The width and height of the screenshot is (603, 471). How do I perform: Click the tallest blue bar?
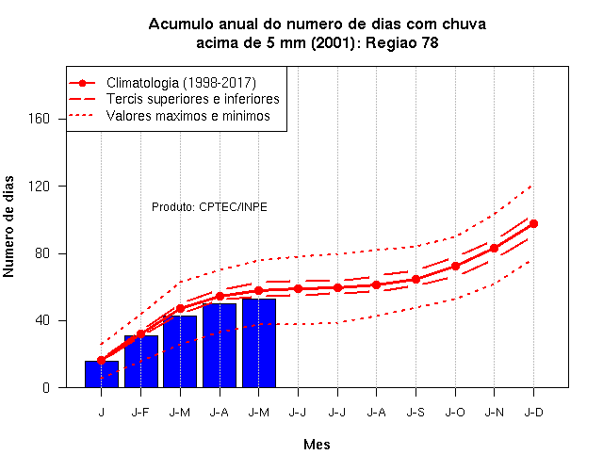point(259,343)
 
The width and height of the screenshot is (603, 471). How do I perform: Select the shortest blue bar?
point(102,374)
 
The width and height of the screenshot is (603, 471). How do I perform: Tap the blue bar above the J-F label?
point(141,362)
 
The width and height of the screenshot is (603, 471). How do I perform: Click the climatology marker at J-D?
point(533,224)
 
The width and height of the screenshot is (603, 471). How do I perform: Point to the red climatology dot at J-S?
point(416,280)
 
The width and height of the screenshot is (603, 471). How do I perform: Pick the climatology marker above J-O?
point(455,266)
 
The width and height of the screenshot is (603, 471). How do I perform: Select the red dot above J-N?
point(494,249)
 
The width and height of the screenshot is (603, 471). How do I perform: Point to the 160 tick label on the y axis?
point(40,119)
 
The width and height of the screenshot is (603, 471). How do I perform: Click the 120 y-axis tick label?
point(40,187)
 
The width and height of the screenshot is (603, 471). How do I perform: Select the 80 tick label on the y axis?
point(42,253)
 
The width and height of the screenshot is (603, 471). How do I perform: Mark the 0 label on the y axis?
point(46,387)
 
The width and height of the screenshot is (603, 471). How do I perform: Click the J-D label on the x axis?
point(534,413)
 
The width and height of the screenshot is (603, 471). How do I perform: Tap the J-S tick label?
point(416,413)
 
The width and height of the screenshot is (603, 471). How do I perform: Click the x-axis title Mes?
point(317,445)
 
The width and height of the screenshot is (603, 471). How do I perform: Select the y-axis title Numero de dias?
point(8,227)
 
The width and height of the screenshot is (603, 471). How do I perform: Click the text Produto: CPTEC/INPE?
point(209,207)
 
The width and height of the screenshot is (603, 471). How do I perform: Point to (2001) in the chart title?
point(333,42)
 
